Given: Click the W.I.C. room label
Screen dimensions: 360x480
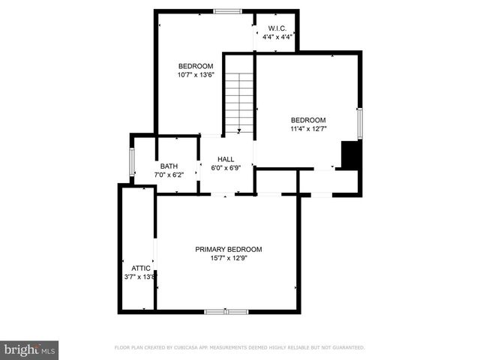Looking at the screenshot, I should [x=276, y=29].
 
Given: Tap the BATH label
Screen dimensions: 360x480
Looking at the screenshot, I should [x=169, y=166].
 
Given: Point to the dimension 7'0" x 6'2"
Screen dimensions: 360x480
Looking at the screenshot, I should [x=169, y=175].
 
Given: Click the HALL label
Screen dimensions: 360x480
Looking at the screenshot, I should [x=226, y=160].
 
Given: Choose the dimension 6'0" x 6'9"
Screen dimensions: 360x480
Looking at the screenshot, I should [x=226, y=168].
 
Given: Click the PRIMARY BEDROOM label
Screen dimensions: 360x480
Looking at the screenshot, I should [x=228, y=249].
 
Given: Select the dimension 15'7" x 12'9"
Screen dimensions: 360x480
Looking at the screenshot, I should [x=228, y=258].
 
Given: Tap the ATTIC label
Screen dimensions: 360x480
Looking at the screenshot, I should [x=141, y=268].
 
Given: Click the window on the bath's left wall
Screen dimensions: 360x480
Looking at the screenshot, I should [x=132, y=161].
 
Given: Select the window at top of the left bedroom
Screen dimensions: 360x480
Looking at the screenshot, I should [x=227, y=11].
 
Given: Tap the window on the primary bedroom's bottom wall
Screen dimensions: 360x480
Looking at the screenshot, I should [x=226, y=311].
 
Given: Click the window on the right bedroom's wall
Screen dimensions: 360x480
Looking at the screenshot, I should [x=360, y=123].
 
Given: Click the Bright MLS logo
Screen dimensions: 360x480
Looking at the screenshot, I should [x=30, y=349].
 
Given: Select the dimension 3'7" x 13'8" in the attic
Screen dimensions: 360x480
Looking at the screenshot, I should [x=140, y=277].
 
